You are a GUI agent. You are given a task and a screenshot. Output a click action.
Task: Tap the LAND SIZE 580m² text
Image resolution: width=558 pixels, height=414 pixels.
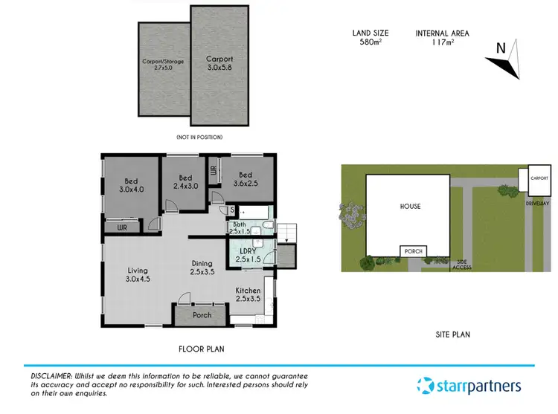[368, 37]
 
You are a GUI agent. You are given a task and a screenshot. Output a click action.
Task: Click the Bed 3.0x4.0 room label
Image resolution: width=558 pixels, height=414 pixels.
[131, 184]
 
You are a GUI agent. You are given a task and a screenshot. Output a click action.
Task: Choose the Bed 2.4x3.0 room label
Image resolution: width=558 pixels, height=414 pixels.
[185, 182]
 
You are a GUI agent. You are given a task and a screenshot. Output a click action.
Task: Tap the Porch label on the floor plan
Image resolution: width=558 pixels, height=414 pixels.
[202, 315]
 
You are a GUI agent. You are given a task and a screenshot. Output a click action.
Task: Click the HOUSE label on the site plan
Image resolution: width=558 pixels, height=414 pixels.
[409, 207]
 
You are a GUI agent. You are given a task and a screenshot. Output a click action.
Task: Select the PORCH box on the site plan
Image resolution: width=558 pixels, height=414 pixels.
[414, 252]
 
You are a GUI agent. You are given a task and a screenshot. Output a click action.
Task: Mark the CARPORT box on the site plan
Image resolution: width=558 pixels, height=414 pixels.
[539, 179]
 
